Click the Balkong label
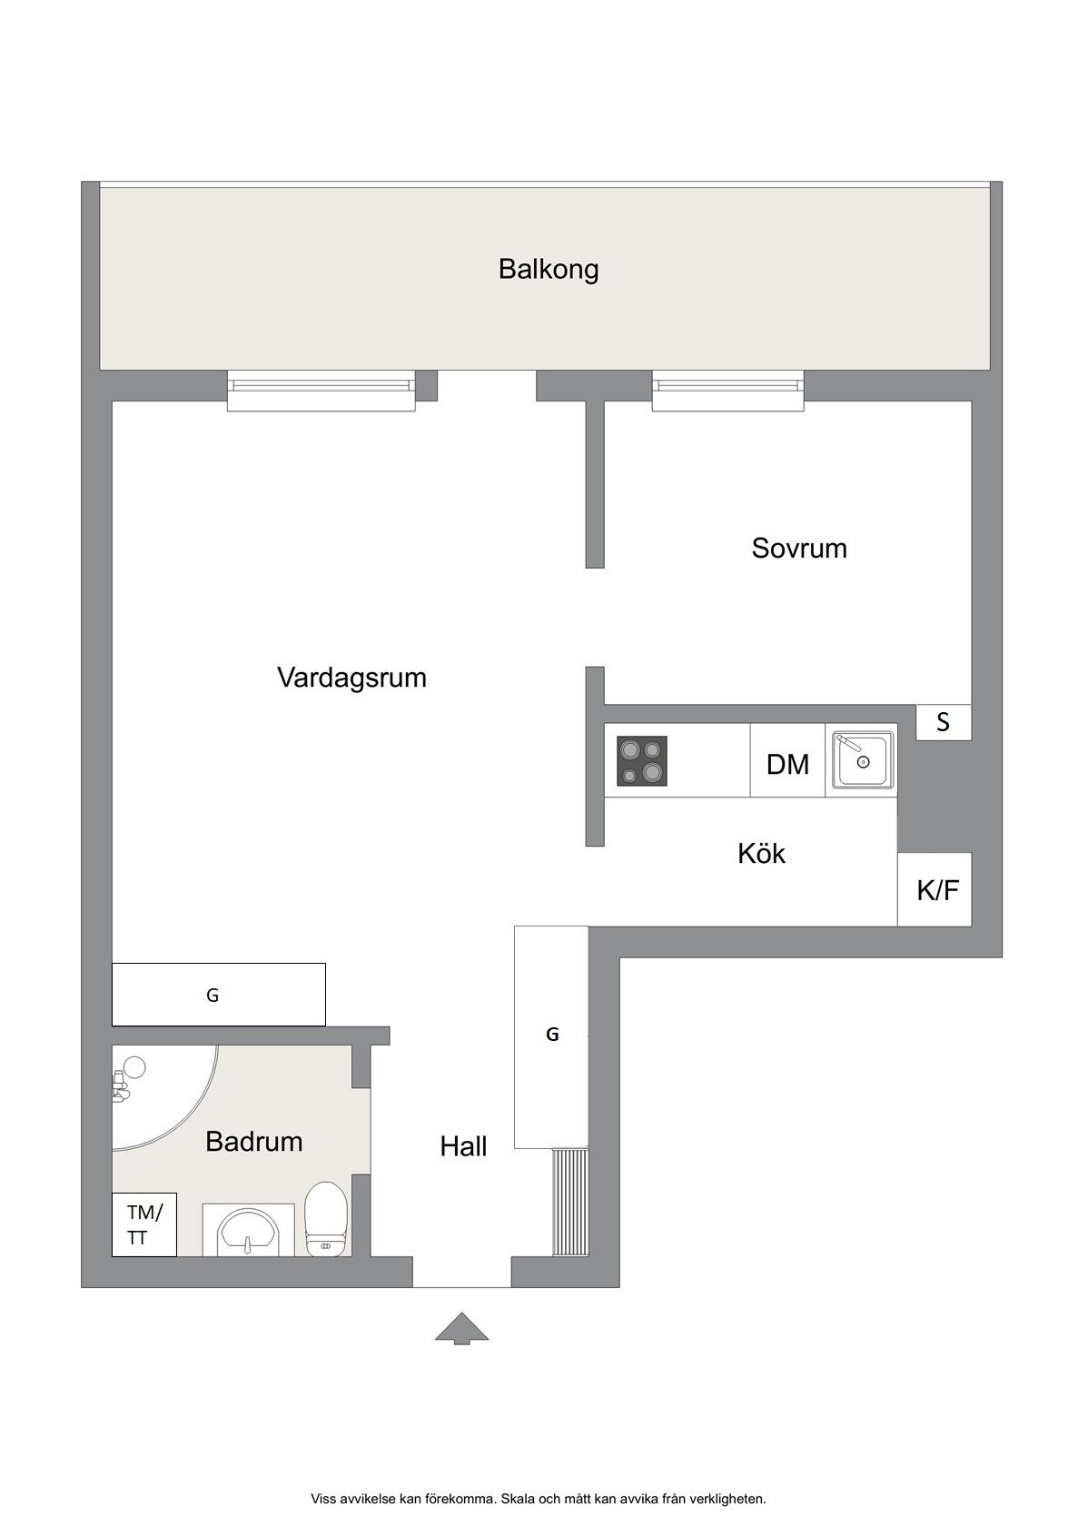[549, 269]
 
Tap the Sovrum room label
[799, 549]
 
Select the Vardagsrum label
[351, 678]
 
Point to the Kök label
[761, 854]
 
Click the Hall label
[463, 1146]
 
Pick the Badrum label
[254, 1141]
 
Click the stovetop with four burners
[641, 761]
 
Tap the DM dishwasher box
[788, 760]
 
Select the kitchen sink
[863, 759]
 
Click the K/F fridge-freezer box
[935, 889]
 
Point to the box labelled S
[944, 722]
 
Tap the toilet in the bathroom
[326, 1220]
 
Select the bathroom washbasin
[248, 1231]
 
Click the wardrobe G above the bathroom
[219, 995]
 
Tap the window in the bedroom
[728, 391]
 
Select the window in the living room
[321, 391]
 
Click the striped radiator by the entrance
[570, 1203]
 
